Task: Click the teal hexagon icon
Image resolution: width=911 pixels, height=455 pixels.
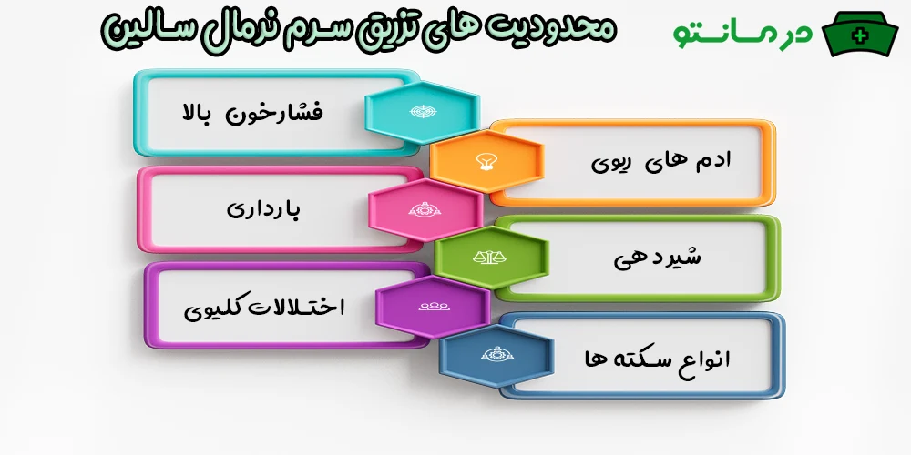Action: tap(422, 112)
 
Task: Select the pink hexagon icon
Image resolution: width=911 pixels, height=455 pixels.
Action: tap(425, 209)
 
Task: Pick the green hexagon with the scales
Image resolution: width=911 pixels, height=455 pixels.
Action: tap(492, 258)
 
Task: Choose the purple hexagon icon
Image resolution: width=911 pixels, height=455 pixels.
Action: tap(432, 306)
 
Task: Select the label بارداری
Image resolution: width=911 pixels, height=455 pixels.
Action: tap(263, 209)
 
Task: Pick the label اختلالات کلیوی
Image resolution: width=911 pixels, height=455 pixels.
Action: tap(264, 307)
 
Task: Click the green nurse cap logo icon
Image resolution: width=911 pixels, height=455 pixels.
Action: tap(860, 35)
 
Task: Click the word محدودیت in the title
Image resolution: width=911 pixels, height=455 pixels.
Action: tap(564, 28)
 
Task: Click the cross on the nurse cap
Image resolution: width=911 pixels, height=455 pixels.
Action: tap(858, 35)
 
